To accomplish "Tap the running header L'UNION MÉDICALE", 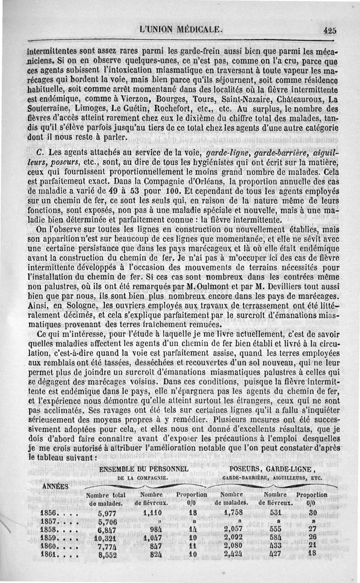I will (x=181, y=30).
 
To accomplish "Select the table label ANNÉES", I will (x=55, y=486).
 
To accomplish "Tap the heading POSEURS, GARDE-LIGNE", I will (x=274, y=470).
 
